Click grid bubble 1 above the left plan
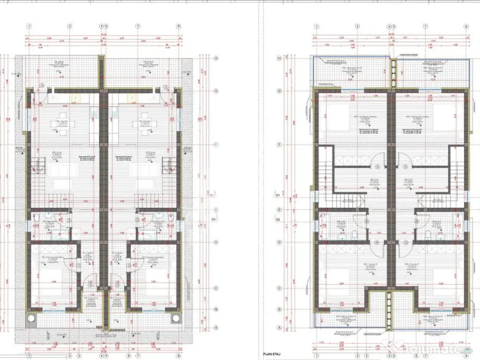click(x=29, y=27)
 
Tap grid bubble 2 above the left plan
click(x=69, y=27)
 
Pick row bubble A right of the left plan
click(x=216, y=328)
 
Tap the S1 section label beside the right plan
click(x=277, y=194)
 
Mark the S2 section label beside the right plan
click(x=277, y=219)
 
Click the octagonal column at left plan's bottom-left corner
click(x=31, y=318)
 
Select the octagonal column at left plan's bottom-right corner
click(x=176, y=318)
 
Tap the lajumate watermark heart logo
click(x=390, y=346)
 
